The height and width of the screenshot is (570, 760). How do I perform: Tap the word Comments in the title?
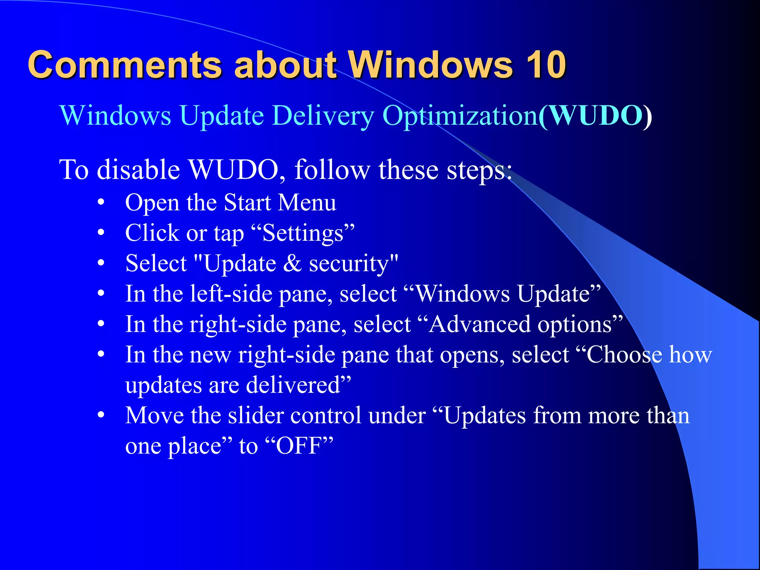pos(125,65)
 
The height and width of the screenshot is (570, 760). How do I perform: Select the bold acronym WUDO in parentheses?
pos(596,116)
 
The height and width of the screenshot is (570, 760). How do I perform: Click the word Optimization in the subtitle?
pos(460,116)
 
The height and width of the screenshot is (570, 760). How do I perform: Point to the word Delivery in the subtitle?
pos(323,116)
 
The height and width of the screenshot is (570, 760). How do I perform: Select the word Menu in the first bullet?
pos(307,203)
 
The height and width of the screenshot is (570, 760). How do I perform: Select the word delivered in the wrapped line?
pos(293,385)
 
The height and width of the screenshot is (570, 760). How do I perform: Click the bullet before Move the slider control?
pos(101,416)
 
